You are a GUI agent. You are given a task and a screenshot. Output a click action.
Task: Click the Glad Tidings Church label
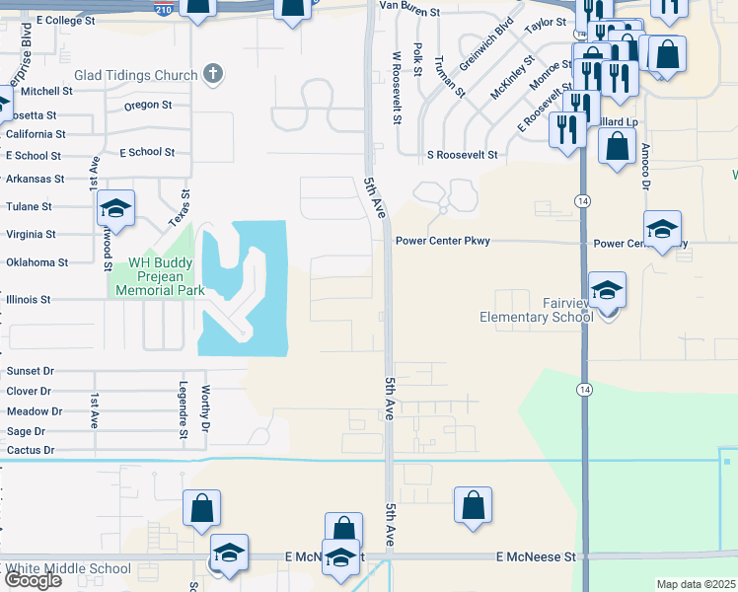135,74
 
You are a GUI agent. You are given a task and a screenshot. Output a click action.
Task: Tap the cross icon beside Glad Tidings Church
212,73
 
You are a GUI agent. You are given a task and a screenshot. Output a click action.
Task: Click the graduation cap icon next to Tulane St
116,208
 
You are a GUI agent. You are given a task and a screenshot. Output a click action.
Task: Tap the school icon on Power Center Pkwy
662,230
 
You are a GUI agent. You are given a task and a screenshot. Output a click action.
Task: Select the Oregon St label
148,105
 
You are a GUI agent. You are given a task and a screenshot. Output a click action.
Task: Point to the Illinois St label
28,298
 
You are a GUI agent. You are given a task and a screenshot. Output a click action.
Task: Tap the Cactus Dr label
30,450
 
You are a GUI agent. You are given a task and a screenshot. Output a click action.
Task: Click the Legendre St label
184,408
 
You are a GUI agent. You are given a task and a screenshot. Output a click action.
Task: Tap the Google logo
33,580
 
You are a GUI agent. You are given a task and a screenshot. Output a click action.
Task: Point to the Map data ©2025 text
697,584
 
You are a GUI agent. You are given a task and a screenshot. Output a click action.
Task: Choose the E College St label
65,20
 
